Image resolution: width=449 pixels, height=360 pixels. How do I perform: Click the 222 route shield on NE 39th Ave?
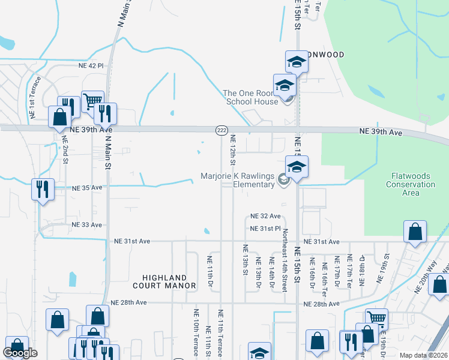220,130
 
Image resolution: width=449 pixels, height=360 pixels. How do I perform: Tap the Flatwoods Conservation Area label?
410,181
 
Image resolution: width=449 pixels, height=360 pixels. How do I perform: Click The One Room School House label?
252,97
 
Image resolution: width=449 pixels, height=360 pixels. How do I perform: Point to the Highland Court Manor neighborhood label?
169,281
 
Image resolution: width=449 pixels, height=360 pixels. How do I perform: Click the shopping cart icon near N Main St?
92,100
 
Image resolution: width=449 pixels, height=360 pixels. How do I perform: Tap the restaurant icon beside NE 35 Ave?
43,189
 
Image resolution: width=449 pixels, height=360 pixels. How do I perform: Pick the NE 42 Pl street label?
91,65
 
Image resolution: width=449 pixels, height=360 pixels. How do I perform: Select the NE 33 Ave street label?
88,224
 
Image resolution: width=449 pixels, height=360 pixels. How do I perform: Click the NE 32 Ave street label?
265,216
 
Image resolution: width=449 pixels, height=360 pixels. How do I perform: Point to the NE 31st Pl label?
265,229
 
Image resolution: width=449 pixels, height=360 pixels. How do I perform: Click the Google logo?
20,353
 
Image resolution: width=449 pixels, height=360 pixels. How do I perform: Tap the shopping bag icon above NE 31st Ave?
415,232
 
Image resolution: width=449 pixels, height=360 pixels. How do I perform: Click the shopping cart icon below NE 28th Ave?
376,319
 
